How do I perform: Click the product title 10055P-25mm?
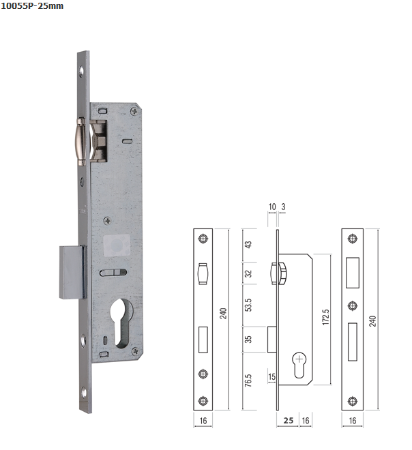(32, 6)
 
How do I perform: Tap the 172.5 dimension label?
(325, 317)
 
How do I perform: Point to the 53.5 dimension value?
(248, 305)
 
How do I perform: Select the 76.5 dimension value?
(248, 380)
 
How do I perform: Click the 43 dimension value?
(248, 245)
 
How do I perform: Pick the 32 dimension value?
(248, 273)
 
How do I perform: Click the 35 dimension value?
(248, 340)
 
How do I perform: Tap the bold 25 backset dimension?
(289, 421)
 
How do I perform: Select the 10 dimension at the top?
(272, 207)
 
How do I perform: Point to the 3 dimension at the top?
(283, 207)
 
